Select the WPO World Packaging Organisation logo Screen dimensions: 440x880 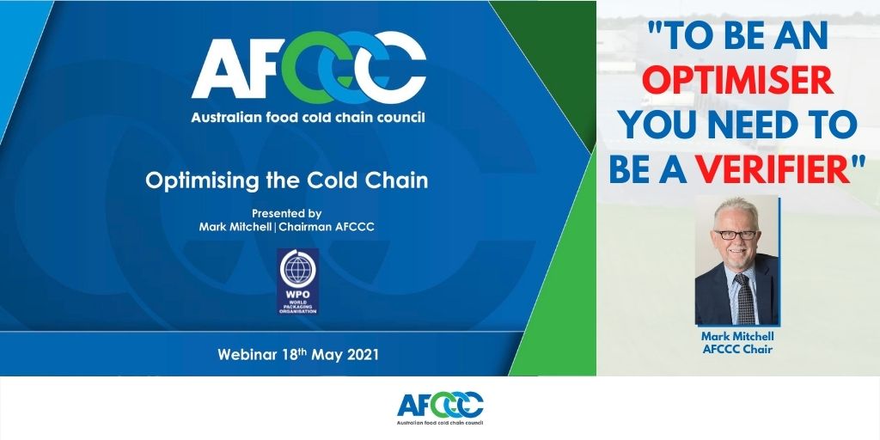click(x=297, y=281)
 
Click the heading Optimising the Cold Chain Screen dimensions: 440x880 click(x=286, y=181)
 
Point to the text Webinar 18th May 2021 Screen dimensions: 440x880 click(x=297, y=354)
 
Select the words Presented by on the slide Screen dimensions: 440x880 click(x=286, y=212)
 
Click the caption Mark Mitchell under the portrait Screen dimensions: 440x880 click(x=737, y=336)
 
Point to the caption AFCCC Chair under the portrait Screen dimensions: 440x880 click(x=737, y=349)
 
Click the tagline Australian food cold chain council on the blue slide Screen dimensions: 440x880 click(x=309, y=116)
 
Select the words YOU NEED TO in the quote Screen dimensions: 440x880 click(x=738, y=125)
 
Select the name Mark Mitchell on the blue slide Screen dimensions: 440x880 click(x=235, y=226)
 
